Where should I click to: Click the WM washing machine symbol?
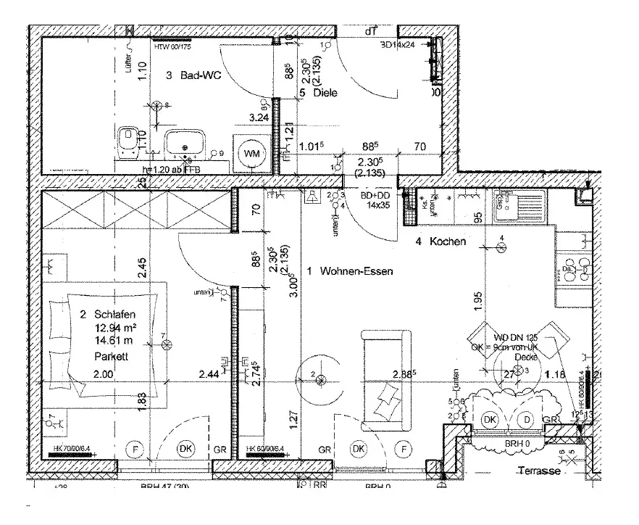coord(251,154)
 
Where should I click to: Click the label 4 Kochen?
coord(441,241)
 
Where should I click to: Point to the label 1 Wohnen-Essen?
coord(350,272)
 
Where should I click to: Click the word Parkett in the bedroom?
coord(111,356)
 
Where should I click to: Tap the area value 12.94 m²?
coord(114,328)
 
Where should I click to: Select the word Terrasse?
coord(540,471)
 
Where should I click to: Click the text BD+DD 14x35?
coord(377,200)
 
